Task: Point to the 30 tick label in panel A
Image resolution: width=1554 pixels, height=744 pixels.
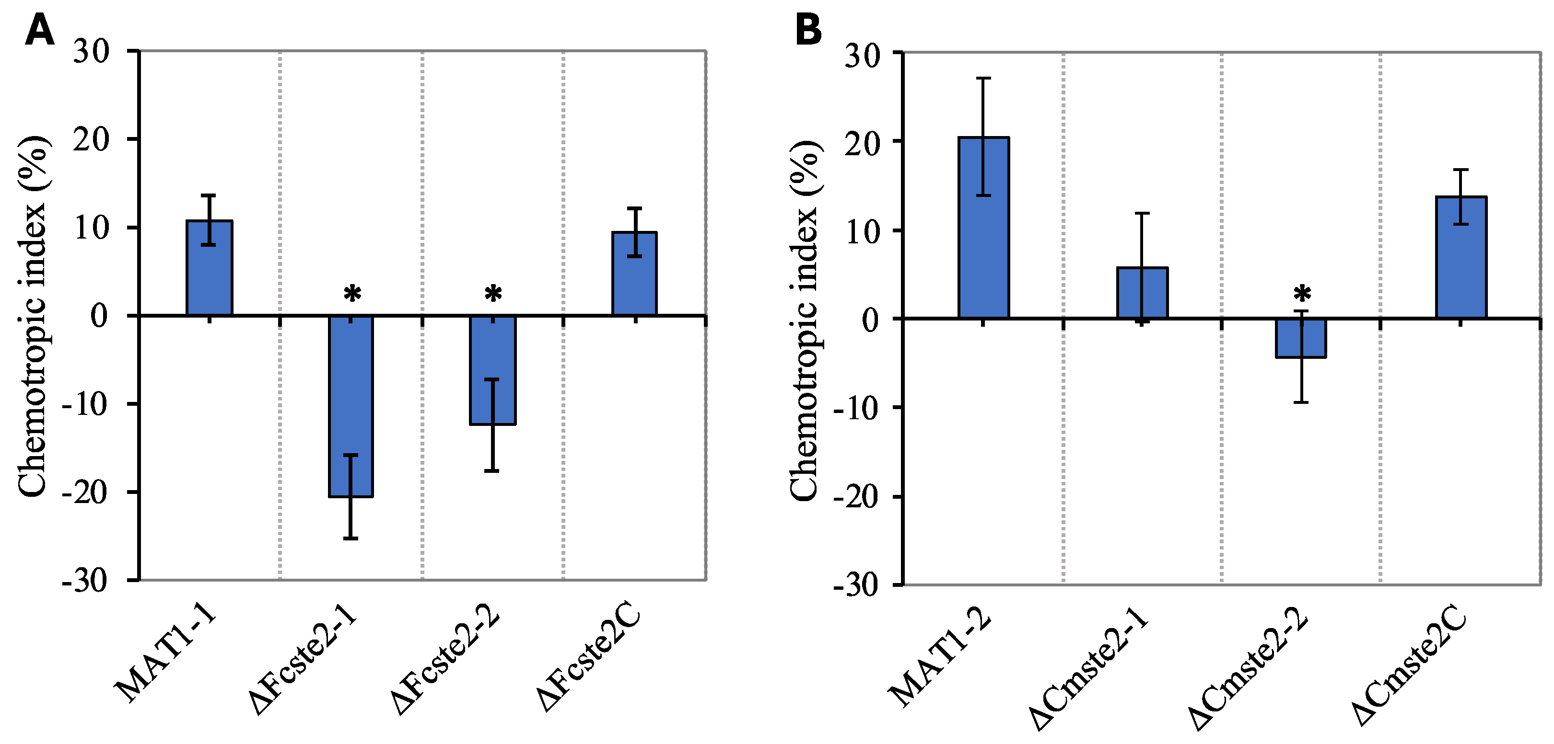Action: pyautogui.click(x=92, y=52)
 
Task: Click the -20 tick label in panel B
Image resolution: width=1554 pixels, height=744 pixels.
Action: pyautogui.click(x=864, y=496)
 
